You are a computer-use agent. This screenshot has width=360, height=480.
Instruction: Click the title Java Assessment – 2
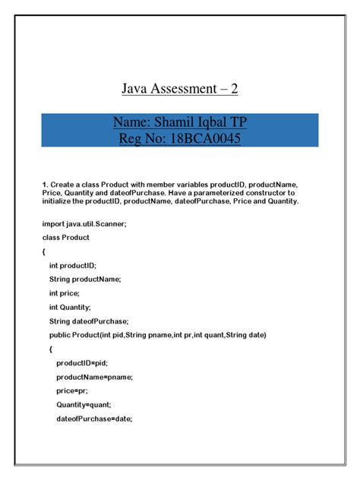[x=180, y=89]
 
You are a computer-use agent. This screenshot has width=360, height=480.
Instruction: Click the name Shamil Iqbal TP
[x=202, y=122]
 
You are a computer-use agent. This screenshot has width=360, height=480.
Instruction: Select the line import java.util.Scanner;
[x=77, y=225]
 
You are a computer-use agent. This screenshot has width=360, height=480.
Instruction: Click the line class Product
[x=66, y=238]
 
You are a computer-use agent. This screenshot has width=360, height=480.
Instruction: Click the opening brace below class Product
[x=44, y=251]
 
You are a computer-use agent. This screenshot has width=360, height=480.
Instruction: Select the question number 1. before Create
[x=45, y=184]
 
